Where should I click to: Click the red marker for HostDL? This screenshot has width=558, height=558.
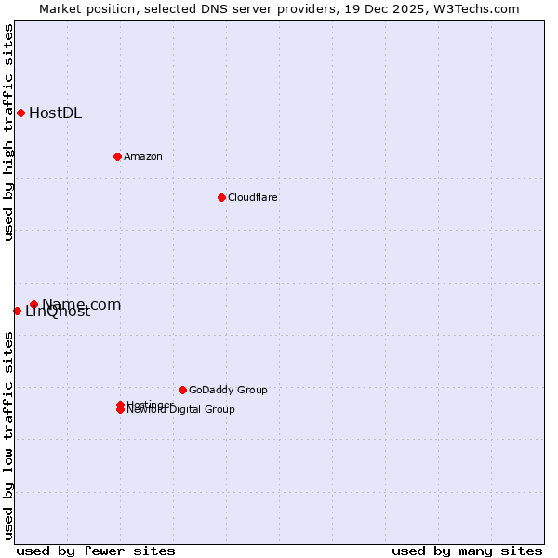(x=20, y=113)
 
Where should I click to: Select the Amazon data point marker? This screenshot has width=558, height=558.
(x=117, y=156)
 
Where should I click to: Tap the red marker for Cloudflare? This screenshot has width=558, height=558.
(x=221, y=197)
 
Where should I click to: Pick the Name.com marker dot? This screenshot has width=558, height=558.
(x=33, y=304)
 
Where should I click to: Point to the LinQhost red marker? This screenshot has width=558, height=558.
(x=17, y=311)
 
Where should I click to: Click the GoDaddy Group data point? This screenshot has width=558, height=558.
(x=182, y=390)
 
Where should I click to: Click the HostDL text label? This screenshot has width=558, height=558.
(x=55, y=113)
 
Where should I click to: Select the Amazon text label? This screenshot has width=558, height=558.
(x=142, y=156)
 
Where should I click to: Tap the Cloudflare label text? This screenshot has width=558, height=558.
(x=252, y=197)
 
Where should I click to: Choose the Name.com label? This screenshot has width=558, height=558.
(x=82, y=304)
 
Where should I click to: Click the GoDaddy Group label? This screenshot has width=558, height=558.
(x=228, y=390)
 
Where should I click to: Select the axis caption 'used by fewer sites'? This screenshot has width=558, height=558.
(x=96, y=551)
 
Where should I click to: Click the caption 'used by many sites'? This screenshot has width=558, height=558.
(x=467, y=551)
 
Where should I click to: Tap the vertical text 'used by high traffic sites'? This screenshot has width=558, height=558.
(x=8, y=132)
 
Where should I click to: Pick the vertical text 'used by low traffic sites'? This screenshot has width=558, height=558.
(x=8, y=435)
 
